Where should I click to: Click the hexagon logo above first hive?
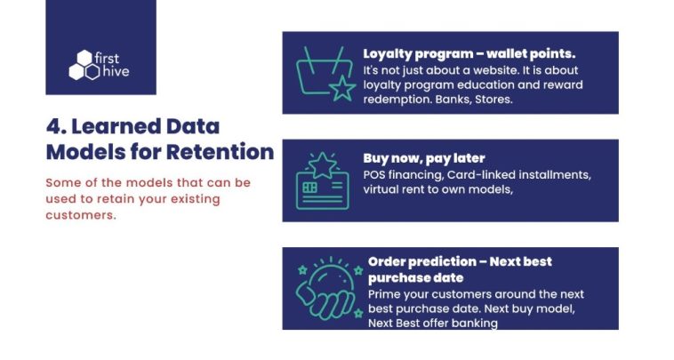(x=85, y=64)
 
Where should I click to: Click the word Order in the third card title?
(x=389, y=261)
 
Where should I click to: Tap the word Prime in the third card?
(x=386, y=294)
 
